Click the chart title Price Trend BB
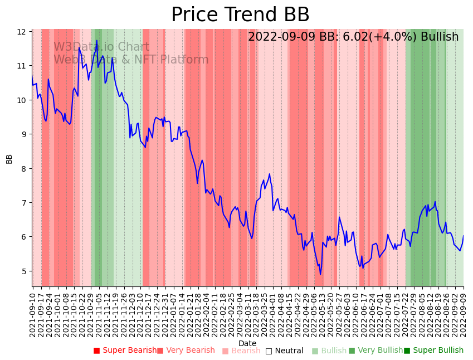coord(240,15)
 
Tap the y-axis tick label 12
coord(22,32)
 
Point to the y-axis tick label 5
coord(23,271)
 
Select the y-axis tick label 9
coord(23,134)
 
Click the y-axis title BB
coord(9,159)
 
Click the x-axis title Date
coord(247,343)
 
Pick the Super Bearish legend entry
coord(125,351)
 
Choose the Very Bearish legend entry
coord(186,351)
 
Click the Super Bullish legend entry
coord(433,351)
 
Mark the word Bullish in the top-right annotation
coord(440,37)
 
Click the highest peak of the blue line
coord(96,41)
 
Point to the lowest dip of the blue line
coord(320,274)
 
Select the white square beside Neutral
coord(269,351)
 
